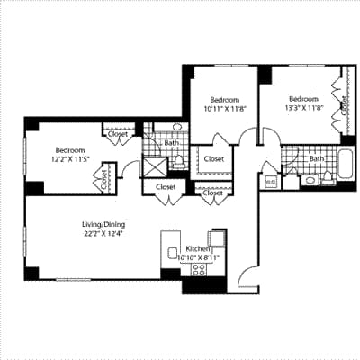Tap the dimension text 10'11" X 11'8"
coord(225,109)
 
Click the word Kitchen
coord(198,247)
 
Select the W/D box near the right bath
coord(270,182)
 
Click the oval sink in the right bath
coord(310,181)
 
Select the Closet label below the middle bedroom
coord(213,159)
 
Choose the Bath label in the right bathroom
coord(316,159)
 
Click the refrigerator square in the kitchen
coord(216,236)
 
